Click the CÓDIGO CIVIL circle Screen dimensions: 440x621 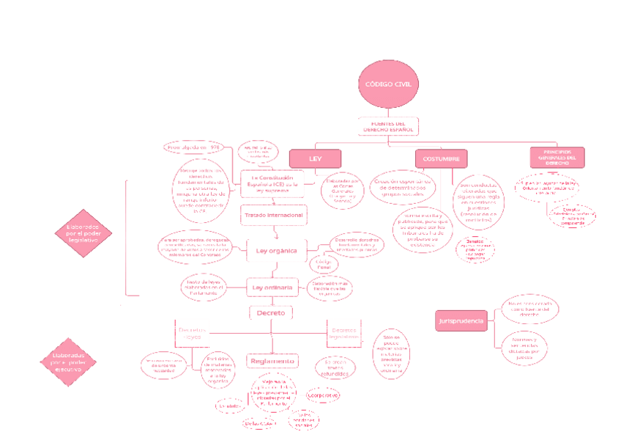(x=388, y=84)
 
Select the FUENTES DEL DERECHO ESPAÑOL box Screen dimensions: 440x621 (x=388, y=127)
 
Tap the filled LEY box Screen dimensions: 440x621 (x=316, y=158)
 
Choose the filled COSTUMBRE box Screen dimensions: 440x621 (x=441, y=158)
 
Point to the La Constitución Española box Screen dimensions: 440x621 (x=272, y=183)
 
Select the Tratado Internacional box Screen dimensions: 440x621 (x=272, y=215)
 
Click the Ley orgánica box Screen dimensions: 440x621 (x=276, y=251)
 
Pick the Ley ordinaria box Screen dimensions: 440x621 (x=272, y=287)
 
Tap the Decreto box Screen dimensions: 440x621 (x=272, y=313)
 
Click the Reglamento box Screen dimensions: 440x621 (x=272, y=361)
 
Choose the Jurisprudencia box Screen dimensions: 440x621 (x=461, y=321)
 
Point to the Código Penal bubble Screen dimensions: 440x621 (x=323, y=263)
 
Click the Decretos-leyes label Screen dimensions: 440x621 (x=193, y=333)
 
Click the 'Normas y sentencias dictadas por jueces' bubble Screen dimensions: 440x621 (x=524, y=346)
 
